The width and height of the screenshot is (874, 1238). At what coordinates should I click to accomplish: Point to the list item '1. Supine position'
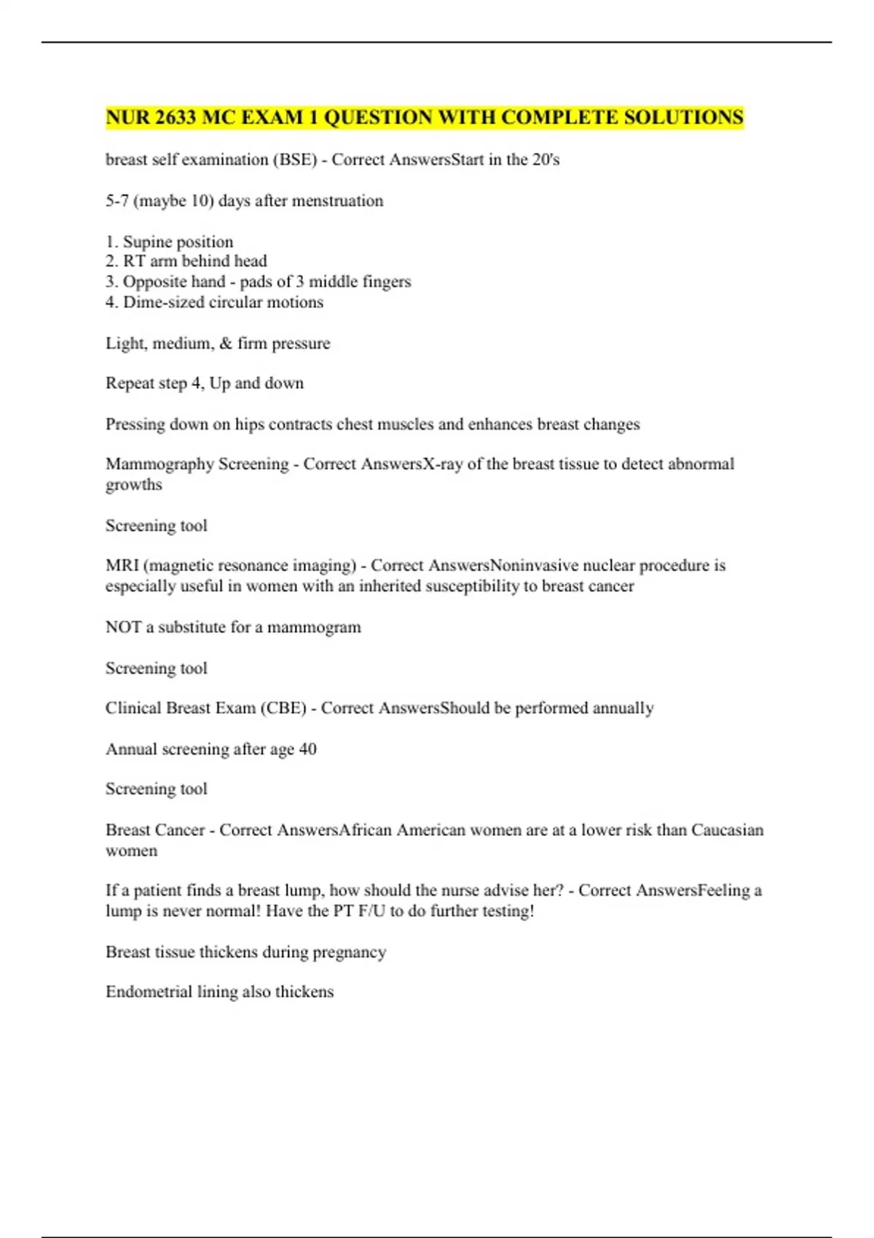click(x=170, y=242)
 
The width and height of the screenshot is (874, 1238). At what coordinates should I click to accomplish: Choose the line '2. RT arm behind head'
click(x=186, y=261)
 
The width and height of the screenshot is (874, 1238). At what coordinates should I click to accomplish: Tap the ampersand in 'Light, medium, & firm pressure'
click(x=226, y=343)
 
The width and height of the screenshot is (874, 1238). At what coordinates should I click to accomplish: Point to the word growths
click(x=134, y=485)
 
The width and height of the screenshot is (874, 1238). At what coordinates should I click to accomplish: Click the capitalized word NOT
click(x=123, y=627)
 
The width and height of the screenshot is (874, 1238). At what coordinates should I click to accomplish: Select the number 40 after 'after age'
click(x=307, y=749)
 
